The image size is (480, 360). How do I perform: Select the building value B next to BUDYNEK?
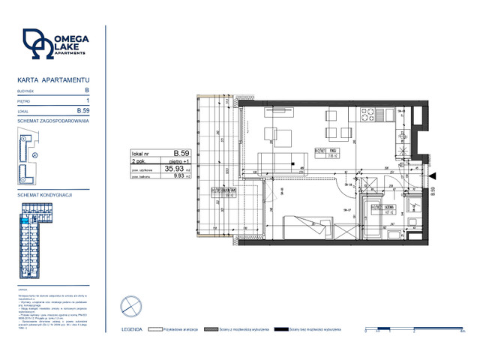(x=88, y=90)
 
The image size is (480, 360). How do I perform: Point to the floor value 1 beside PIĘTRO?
(x=88, y=100)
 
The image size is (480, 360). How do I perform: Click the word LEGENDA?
(x=133, y=328)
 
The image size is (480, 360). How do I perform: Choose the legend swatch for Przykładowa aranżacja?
(x=155, y=328)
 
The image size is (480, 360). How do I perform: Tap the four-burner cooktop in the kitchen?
(x=368, y=115)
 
